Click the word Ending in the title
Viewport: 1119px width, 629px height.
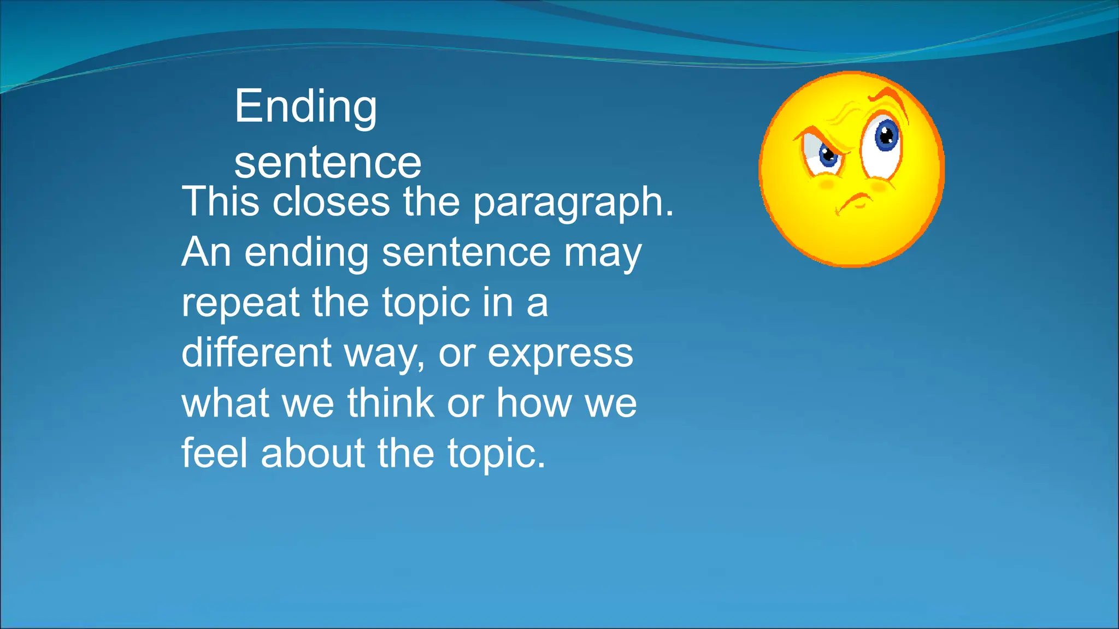(305, 108)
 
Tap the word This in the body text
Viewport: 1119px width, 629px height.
(220, 201)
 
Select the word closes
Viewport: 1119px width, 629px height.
(331, 201)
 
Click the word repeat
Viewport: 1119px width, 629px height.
(240, 304)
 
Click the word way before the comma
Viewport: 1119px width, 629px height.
(384, 355)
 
